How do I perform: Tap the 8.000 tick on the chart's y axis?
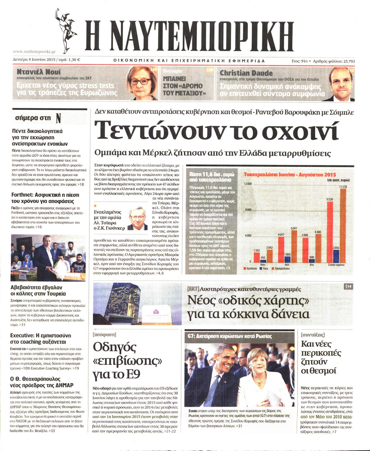pos(248,210)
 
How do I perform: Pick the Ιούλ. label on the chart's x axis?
pos(287,265)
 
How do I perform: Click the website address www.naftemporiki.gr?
pos(34,51)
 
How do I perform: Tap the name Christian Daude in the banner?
pos(246,73)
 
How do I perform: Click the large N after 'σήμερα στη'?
pos(58,118)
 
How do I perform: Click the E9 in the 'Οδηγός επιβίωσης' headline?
pos(132,375)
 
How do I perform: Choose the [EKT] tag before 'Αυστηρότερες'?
pos(193,289)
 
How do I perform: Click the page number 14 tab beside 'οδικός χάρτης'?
pos(348,286)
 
